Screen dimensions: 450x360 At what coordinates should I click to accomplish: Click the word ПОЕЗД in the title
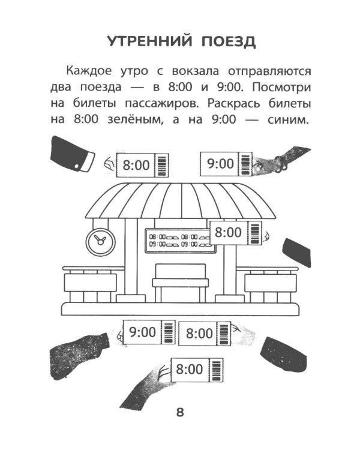tap(226, 41)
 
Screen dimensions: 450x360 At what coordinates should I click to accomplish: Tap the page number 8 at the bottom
tap(179, 413)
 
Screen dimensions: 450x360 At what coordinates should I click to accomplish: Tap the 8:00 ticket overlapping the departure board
tap(235, 232)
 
